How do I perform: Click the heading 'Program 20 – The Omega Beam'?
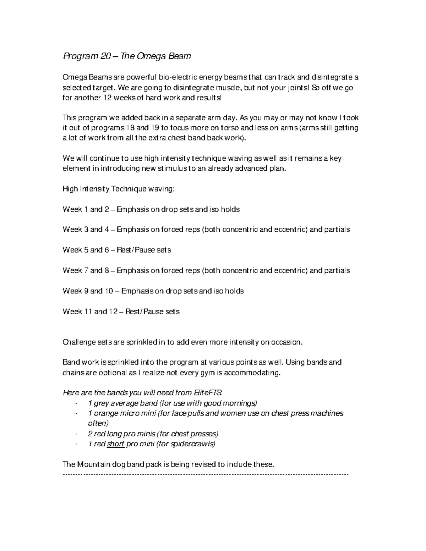tap(127, 56)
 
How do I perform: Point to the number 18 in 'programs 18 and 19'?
tap(131, 128)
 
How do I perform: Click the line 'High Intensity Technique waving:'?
tap(119, 189)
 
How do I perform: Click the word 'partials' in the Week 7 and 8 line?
tap(335, 271)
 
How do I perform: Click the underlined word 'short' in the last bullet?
tap(116, 444)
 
